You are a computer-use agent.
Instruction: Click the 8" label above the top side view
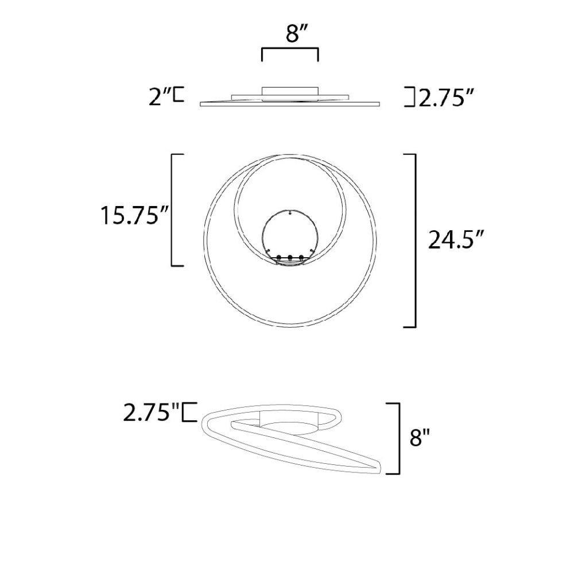293,34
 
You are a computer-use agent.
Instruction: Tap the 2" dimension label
160,97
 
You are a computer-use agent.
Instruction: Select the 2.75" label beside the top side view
447,98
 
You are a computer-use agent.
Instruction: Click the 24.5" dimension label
456,240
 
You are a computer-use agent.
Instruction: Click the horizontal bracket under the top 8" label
290,48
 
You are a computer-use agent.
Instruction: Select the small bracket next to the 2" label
179,94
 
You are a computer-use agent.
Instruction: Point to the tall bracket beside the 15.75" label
172,210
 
